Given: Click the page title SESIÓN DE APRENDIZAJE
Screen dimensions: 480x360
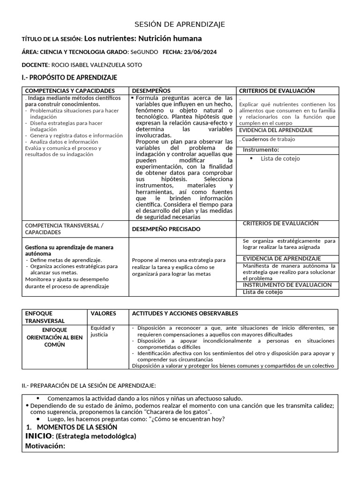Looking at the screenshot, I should [x=180, y=24].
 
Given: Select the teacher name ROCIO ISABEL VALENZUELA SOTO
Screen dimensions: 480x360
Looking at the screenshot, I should [x=96, y=65].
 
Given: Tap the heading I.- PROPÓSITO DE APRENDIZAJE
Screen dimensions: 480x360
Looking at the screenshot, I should [x=69, y=77].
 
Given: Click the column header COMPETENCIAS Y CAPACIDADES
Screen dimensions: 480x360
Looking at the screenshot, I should [x=70, y=90].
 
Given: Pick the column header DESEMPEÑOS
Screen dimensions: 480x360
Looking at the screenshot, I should [x=151, y=90].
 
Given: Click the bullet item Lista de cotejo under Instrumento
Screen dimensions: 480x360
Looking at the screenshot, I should [x=280, y=158].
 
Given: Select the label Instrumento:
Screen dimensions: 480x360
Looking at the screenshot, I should [x=261, y=150].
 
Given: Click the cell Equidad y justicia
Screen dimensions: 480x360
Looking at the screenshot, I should [x=103, y=331].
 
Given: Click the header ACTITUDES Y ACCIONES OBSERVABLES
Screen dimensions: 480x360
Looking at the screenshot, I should [x=185, y=313].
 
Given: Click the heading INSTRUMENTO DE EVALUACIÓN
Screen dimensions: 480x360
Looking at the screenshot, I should [x=287, y=285].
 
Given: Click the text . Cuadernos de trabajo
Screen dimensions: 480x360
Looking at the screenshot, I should [x=267, y=139].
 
